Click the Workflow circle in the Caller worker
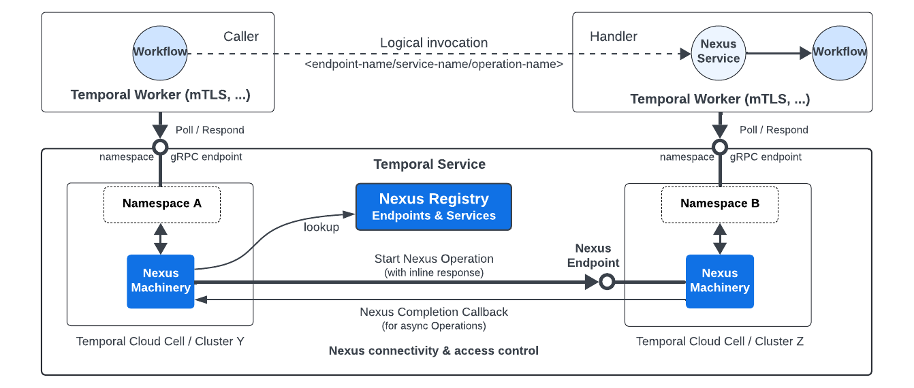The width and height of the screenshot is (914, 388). click(160, 52)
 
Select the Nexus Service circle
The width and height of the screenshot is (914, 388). click(719, 52)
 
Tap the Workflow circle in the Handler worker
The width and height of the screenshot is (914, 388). click(839, 52)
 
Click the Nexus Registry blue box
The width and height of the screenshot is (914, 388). click(433, 207)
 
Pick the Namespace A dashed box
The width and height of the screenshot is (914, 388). click(161, 204)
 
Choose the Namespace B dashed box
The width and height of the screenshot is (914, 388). click(719, 204)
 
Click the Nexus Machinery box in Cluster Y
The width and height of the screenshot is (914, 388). click(161, 281)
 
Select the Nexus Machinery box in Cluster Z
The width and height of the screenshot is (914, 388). click(719, 281)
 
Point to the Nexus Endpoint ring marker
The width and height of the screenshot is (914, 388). click(607, 282)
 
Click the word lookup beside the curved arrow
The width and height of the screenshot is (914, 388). click(321, 227)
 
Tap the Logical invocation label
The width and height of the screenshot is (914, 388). click(434, 43)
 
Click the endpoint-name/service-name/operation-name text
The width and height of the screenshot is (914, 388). click(434, 64)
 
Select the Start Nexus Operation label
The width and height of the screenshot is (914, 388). click(434, 259)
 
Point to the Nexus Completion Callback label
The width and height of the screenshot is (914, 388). click(434, 312)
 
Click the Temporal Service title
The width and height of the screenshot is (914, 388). click(429, 165)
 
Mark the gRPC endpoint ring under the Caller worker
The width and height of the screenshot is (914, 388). click(160, 147)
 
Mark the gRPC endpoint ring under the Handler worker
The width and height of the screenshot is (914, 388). click(719, 147)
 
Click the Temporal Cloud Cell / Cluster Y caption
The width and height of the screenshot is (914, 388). click(160, 342)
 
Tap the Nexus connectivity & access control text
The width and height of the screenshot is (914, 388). click(434, 351)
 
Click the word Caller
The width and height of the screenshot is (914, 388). click(241, 37)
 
